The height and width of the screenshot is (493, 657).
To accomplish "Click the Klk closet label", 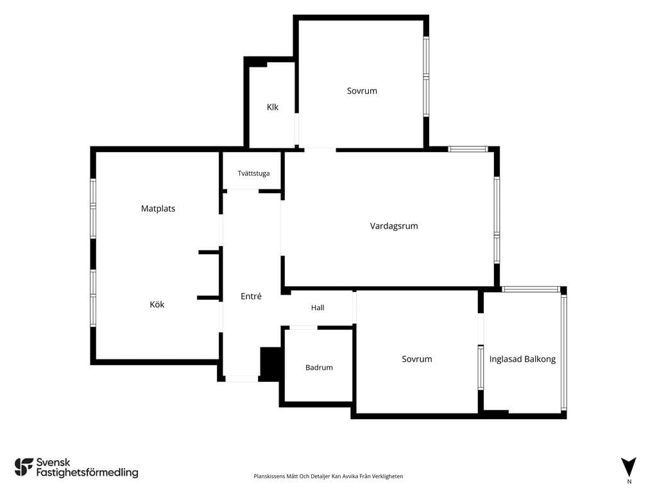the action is (272, 107).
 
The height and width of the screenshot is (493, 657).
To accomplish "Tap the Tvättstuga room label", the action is (253, 173).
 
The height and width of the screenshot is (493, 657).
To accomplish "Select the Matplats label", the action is (158, 209).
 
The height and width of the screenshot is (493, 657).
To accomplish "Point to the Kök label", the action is (157, 304).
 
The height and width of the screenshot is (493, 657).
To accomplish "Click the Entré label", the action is (251, 296).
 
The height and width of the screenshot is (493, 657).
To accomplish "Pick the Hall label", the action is (318, 307).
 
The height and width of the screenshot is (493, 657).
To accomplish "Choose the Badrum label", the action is (319, 368).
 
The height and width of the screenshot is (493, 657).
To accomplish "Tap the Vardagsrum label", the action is (394, 226).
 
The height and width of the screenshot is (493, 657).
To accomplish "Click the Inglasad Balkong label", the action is (522, 359).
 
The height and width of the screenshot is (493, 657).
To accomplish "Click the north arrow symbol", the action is (629, 467).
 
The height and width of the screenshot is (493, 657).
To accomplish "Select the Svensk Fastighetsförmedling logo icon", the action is (24, 467).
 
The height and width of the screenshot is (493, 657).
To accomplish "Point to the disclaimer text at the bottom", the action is (328, 476).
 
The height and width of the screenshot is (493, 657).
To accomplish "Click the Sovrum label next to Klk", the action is (362, 91).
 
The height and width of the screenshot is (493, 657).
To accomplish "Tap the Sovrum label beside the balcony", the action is (417, 359).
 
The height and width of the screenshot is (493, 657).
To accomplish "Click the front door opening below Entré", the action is (242, 379).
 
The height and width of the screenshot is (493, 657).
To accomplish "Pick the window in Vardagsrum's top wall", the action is (468, 149).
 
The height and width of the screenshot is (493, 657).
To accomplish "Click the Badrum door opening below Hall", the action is (303, 327).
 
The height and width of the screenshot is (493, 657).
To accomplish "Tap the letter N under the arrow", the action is (629, 481).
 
